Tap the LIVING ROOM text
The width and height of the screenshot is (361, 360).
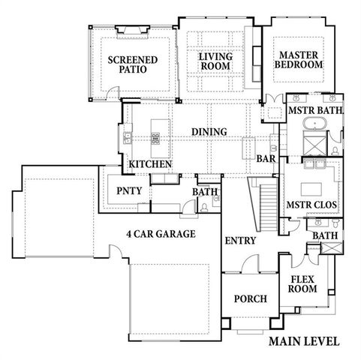215,61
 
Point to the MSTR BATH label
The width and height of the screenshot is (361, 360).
315,111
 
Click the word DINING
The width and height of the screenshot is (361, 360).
209,132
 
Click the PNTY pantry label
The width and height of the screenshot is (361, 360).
125,190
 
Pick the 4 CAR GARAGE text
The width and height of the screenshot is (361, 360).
161,234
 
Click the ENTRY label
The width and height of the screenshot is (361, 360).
240,241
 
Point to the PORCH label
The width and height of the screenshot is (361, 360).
251,298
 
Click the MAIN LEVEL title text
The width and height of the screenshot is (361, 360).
304,342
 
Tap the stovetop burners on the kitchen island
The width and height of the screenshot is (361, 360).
156,136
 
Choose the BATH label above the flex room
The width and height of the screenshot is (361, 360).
326,235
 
